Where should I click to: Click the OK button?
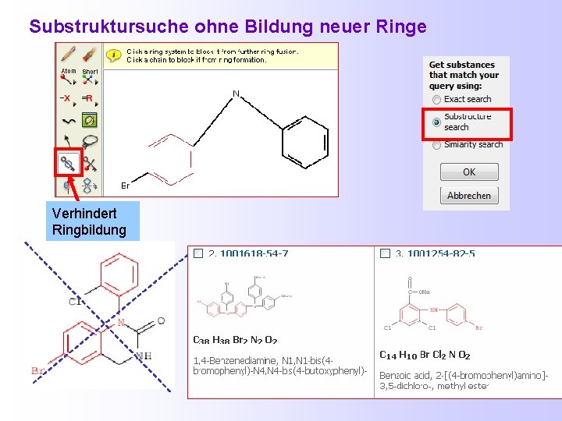(x=468, y=172)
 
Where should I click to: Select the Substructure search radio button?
(x=436, y=122)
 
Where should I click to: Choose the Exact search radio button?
(x=436, y=100)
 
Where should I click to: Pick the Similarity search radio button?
(x=436, y=144)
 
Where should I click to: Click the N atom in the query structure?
(x=236, y=94)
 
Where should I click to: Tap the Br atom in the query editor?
(x=125, y=186)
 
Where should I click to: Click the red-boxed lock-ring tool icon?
(x=68, y=164)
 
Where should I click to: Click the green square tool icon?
(x=90, y=120)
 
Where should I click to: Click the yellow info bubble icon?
(x=115, y=55)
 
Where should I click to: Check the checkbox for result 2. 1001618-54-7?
(x=198, y=253)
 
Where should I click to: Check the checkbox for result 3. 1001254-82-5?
(x=385, y=253)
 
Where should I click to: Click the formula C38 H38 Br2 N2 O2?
(x=234, y=340)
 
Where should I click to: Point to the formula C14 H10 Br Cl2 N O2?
(x=425, y=356)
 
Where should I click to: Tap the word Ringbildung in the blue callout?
(x=88, y=230)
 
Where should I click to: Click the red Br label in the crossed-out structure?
(x=37, y=370)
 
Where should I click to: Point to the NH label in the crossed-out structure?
(x=143, y=356)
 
